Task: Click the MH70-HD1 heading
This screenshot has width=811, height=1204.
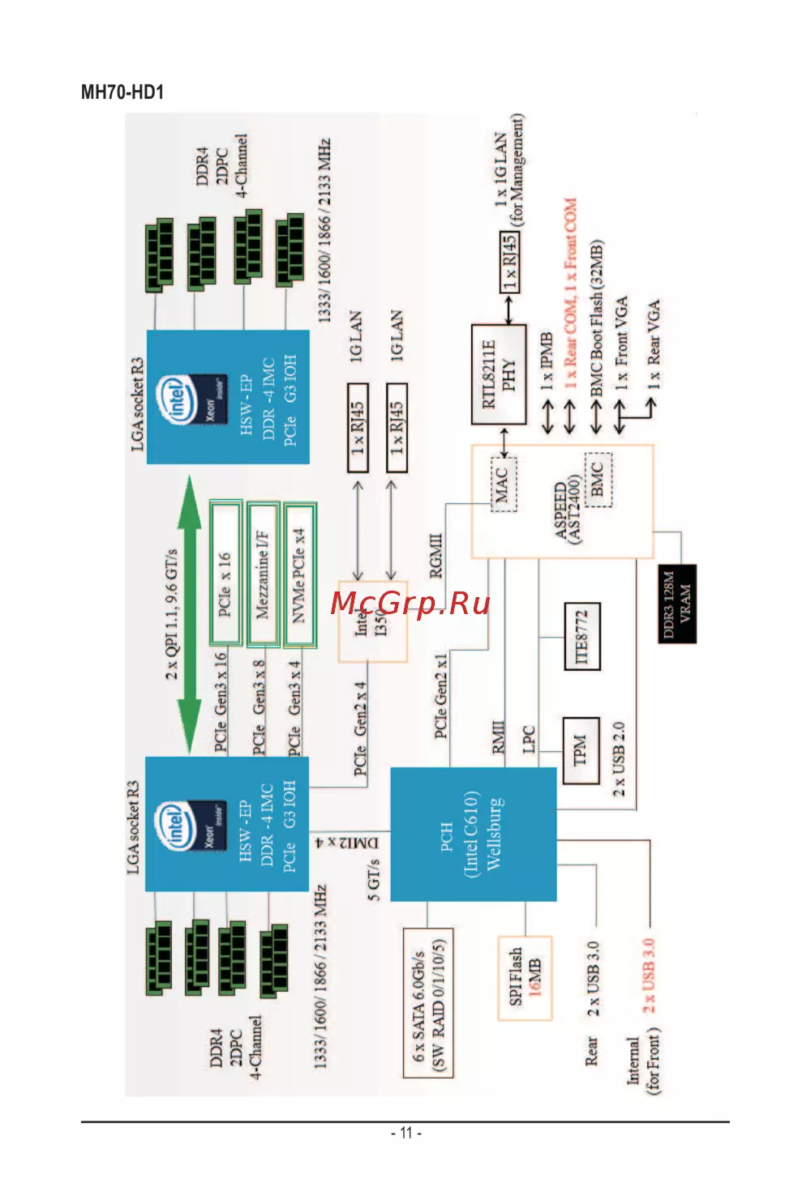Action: pos(122,92)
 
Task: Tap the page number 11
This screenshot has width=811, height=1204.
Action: pos(405,1133)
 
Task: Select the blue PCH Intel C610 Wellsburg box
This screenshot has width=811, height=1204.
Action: pos(473,835)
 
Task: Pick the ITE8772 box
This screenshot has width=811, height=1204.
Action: pos(582,636)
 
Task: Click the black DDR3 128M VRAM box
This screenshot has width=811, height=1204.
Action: pos(676,604)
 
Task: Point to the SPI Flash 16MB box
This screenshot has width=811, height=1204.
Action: pos(525,977)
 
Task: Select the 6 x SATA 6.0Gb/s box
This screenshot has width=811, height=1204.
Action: pos(428,1002)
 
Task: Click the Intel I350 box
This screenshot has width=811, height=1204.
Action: pos(372,621)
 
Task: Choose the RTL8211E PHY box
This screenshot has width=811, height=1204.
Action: pos(498,374)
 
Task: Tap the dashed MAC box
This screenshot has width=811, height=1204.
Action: pos(503,484)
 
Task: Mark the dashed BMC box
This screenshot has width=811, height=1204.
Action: pos(598,479)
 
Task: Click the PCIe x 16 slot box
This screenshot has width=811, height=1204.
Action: pos(225,573)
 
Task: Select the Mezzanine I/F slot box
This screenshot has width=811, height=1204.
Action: pos(263,574)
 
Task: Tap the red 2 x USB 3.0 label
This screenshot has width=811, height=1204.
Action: pos(649,975)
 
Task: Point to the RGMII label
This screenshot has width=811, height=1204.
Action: pos(436,556)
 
